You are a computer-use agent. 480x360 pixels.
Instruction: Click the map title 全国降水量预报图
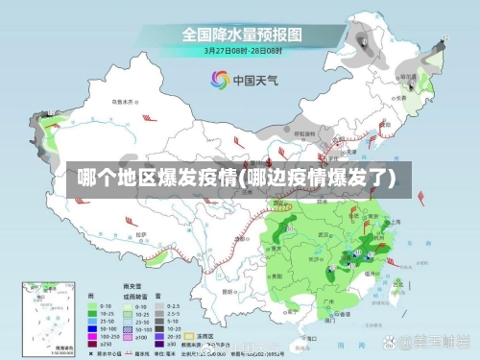(239, 35)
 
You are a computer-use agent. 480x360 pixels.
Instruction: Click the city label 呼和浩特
(303, 134)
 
